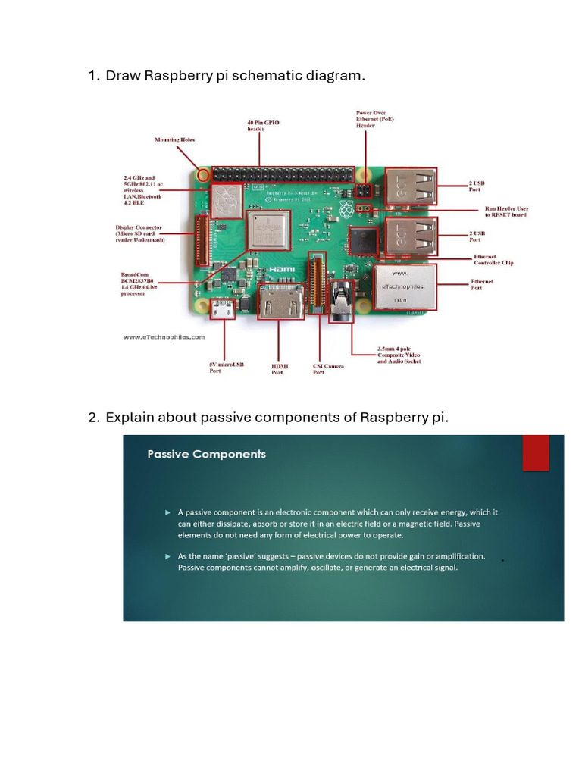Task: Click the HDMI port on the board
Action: coord(277,303)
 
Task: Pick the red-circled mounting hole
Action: coord(202,174)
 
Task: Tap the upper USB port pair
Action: coord(410,187)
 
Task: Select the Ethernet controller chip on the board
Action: coord(364,241)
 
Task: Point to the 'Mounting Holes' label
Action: coord(174,139)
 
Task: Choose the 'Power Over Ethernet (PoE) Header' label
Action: coord(374,119)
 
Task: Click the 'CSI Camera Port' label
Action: coord(328,369)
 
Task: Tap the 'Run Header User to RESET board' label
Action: coord(506,211)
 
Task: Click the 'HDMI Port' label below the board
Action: coord(280,369)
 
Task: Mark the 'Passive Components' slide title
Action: coord(206,454)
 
